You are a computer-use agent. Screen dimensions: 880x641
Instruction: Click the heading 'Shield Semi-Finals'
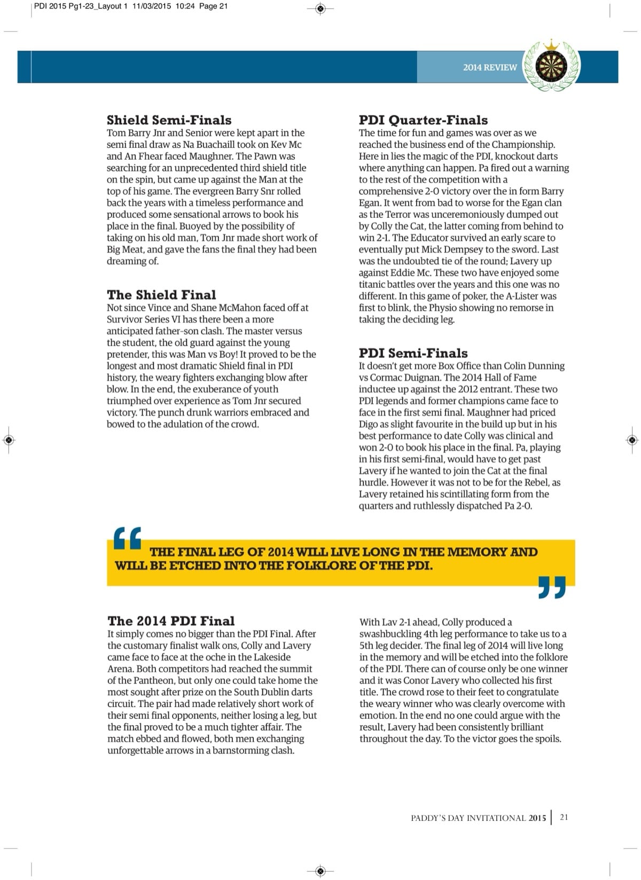point(169,120)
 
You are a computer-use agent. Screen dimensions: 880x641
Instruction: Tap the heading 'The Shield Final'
point(161,295)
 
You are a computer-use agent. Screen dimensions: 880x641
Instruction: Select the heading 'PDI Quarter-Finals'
point(423,120)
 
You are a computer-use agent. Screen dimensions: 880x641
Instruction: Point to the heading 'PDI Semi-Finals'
point(413,353)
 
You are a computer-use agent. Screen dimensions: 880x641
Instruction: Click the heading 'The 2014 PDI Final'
point(171,620)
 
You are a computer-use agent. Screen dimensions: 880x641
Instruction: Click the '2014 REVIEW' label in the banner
point(490,67)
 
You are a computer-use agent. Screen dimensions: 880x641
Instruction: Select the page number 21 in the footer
point(564,817)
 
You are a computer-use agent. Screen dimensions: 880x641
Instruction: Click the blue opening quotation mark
point(128,538)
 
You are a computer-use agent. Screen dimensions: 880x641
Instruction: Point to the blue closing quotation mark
point(551,587)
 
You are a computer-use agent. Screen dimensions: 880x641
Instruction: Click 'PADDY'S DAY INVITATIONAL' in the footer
point(468,818)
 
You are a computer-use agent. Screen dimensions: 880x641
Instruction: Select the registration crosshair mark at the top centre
point(320,8)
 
